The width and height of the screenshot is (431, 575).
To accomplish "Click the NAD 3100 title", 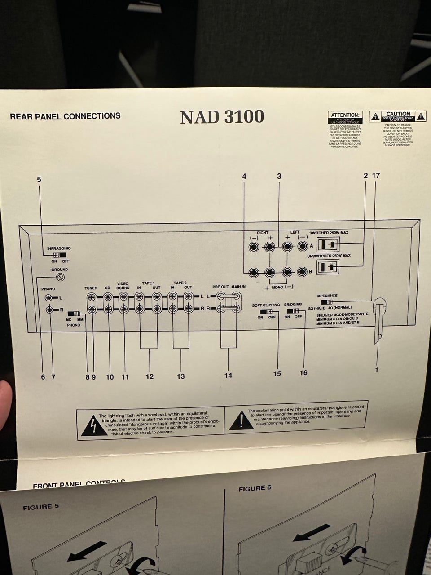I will tap(222, 117).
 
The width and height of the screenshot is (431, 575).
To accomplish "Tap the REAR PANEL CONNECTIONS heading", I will tap(65, 116).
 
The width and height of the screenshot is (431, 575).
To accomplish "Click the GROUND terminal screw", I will tap(60, 277).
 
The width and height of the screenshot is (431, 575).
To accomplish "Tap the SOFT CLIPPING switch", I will tap(266, 311).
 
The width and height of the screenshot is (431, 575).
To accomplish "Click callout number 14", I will tap(229, 375).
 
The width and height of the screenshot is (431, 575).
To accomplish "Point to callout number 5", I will tap(39, 179).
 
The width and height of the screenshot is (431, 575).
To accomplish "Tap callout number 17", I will tap(376, 176).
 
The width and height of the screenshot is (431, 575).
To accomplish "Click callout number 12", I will tap(150, 376).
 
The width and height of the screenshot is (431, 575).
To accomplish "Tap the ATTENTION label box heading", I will tap(345, 115).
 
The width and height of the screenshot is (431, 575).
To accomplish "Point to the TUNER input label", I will tap(91, 288).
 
